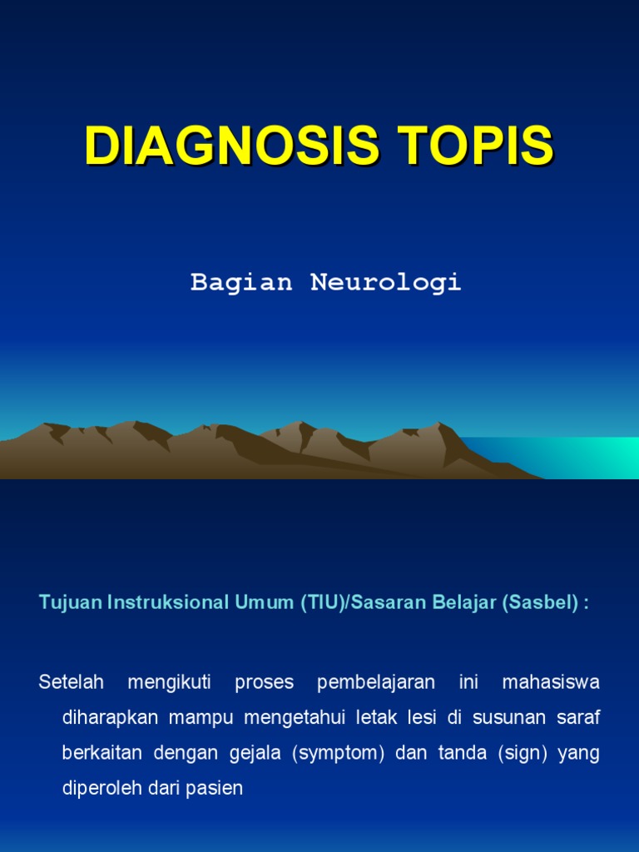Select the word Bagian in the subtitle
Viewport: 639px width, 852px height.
coord(241,283)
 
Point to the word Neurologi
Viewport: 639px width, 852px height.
coord(386,283)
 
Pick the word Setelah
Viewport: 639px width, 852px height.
coord(71,682)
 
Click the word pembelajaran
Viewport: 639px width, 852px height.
coord(376,682)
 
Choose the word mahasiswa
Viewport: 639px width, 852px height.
coord(551,682)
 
